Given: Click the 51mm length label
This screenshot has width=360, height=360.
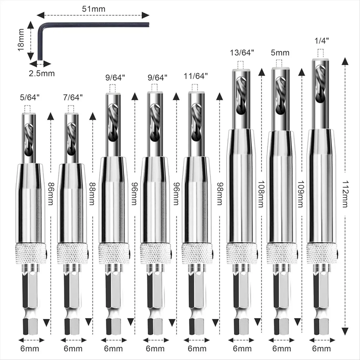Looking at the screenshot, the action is [94, 9].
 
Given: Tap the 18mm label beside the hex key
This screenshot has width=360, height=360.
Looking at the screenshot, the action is [21, 40].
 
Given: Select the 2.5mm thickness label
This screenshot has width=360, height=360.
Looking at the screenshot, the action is [42, 73].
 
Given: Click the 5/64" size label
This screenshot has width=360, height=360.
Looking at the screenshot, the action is [30, 97].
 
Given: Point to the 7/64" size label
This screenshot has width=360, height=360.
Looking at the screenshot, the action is [73, 97].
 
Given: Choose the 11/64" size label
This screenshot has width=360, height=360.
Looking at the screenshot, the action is [196, 76].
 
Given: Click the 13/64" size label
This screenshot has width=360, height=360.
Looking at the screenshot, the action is [242, 53].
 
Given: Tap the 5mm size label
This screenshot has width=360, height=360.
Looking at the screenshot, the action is [280, 53].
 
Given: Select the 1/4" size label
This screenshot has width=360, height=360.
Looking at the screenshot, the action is [322, 41].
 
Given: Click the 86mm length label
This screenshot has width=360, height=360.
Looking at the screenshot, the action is [51, 193].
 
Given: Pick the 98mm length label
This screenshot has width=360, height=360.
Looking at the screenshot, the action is [220, 193].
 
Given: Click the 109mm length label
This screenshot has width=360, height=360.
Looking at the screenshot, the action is [301, 194].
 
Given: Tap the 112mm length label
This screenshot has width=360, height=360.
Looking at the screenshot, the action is [345, 194].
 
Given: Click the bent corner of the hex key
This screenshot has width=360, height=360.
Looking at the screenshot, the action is [41, 26].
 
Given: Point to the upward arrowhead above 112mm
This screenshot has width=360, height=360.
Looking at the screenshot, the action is [345, 61].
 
